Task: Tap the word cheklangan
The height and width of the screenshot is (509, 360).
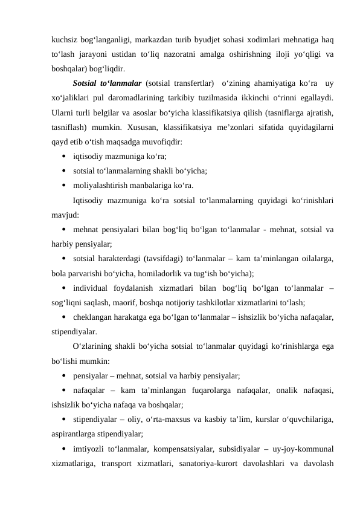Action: tap(93, 316)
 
